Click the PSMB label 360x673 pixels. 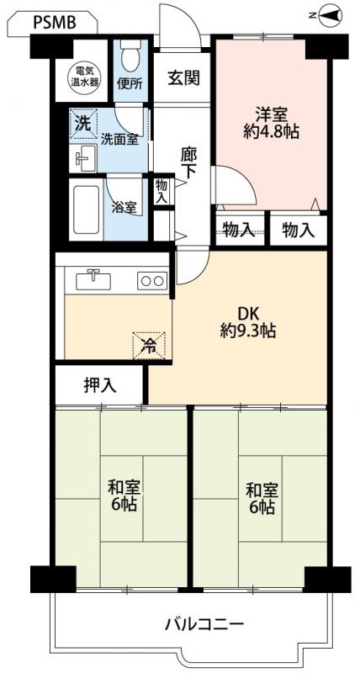tap(55, 23)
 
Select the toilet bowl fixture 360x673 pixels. tap(129, 56)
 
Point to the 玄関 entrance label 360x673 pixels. tap(183, 78)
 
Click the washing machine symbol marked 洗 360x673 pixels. tap(83, 124)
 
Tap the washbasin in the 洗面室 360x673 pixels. tap(83, 158)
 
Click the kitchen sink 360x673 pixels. tap(93, 281)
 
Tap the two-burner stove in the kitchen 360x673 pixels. tap(152, 281)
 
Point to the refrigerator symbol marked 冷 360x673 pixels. tap(149, 346)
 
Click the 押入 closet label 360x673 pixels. tap(99, 385)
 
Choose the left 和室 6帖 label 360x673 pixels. tap(124, 495)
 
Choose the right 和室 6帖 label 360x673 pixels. tap(262, 499)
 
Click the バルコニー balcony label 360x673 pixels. tap(205, 623)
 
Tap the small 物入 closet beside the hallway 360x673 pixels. tap(162, 191)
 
